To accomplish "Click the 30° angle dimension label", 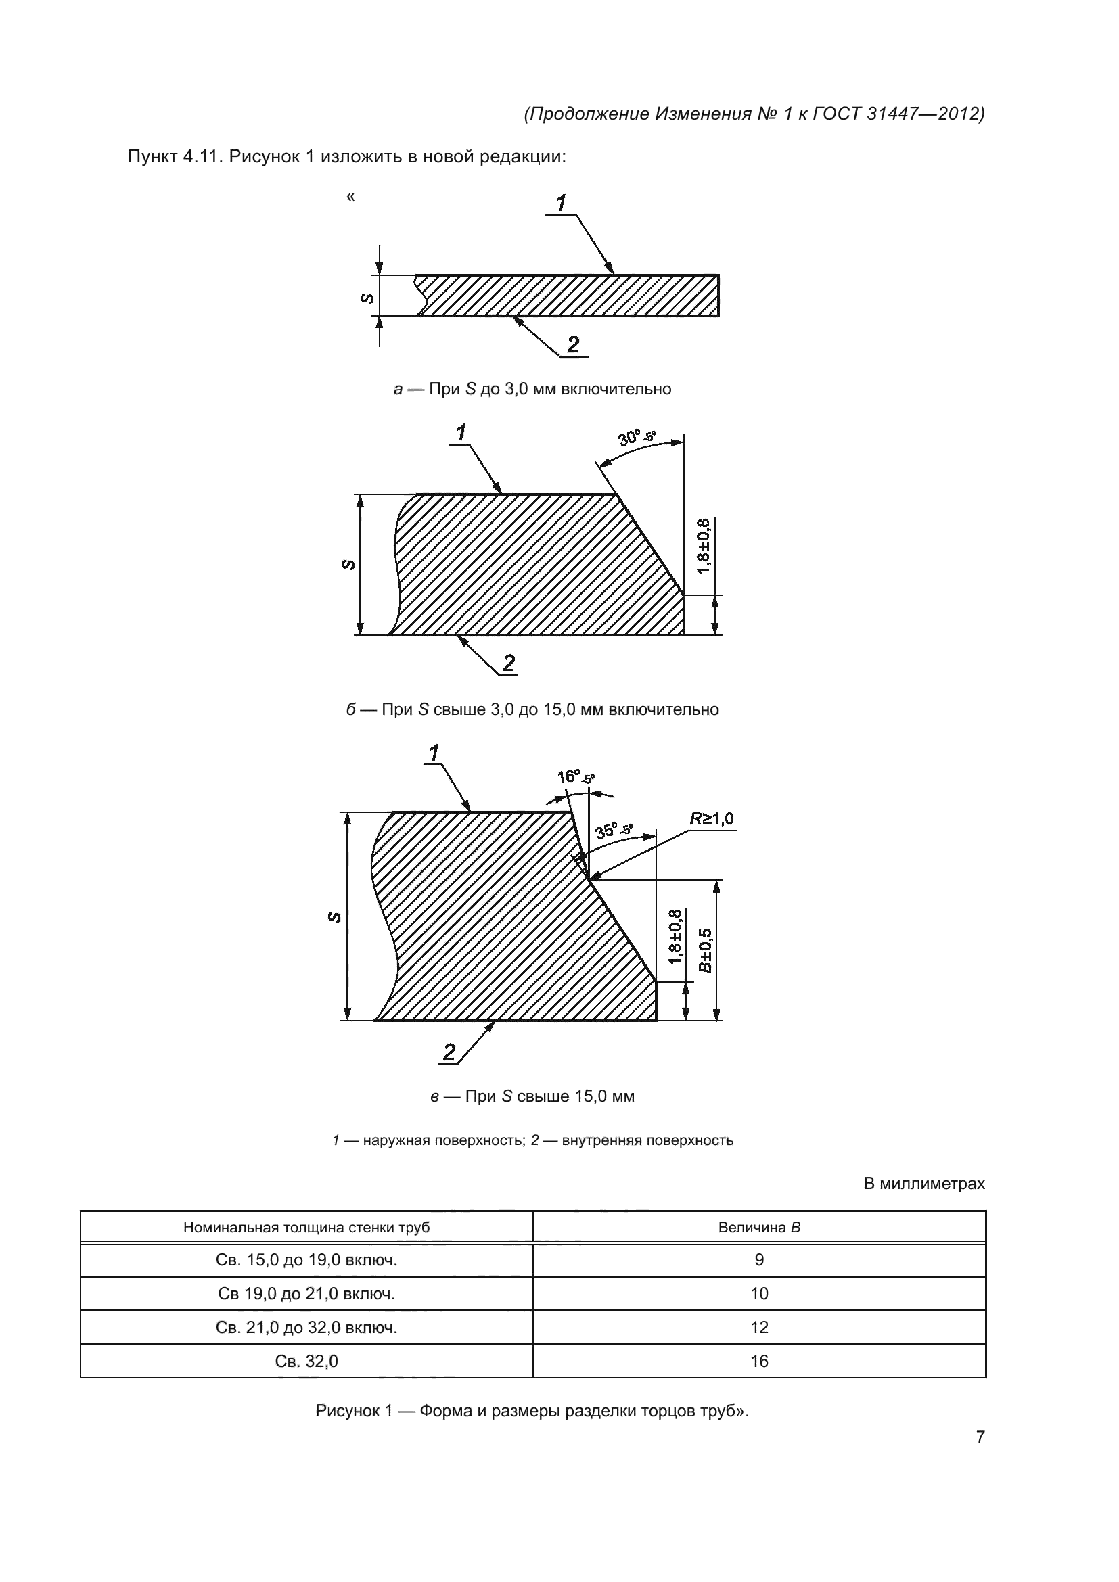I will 635,437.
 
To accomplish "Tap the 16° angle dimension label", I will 575,777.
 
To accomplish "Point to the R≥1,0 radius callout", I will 712,818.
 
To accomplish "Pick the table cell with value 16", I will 758,1361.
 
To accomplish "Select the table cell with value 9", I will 758,1260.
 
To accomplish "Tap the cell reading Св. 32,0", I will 306,1361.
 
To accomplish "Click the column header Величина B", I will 758,1227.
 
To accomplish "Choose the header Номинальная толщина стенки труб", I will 306,1227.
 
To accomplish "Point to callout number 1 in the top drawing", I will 562,204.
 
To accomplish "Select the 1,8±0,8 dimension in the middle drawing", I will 703,546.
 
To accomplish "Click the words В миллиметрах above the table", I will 924,1184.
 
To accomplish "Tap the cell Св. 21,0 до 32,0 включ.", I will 306,1327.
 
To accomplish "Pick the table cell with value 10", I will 758,1293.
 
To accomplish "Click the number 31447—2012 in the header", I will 923,114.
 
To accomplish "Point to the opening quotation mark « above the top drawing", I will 350,197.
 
